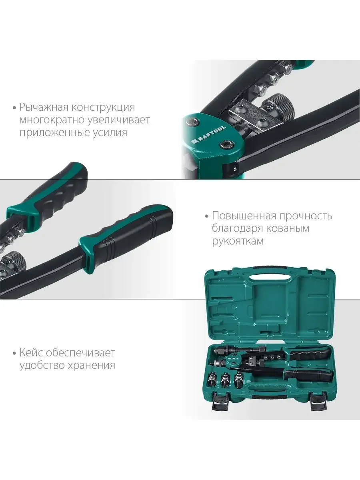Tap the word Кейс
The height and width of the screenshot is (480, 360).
[31, 353]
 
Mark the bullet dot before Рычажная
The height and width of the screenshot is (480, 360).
[15, 108]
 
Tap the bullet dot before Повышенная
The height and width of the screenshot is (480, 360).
[207, 216]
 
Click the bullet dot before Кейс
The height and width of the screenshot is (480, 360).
[15, 353]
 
